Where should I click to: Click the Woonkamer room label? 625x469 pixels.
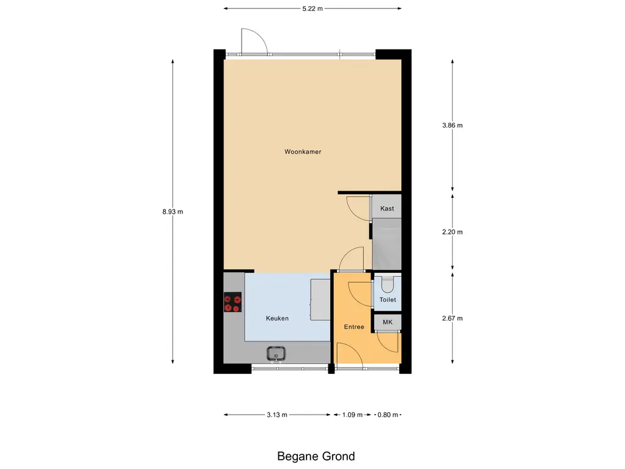pos(303,151)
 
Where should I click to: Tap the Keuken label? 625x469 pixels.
pos(277,318)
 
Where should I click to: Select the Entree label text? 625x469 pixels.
pos(354,327)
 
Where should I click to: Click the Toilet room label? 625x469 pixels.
pos(388,300)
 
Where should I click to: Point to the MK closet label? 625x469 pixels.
pos(387,322)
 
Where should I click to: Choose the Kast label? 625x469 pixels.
pos(387,209)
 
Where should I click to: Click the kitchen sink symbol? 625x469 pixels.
pos(276,353)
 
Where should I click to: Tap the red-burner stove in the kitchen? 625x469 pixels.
pos(233,303)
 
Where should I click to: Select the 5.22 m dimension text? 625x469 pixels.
pos(312,9)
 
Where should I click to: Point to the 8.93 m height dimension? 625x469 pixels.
pos(173,211)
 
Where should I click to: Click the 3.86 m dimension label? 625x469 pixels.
pos(452,126)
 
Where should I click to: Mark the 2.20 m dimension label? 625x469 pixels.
pos(452,232)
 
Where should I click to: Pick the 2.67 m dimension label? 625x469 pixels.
pos(452,318)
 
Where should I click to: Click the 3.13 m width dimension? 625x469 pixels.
pos(277,415)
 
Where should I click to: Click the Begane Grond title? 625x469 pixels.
pos(316,456)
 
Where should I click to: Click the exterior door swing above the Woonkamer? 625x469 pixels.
pos(253,42)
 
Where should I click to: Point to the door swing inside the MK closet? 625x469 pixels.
pos(388,341)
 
